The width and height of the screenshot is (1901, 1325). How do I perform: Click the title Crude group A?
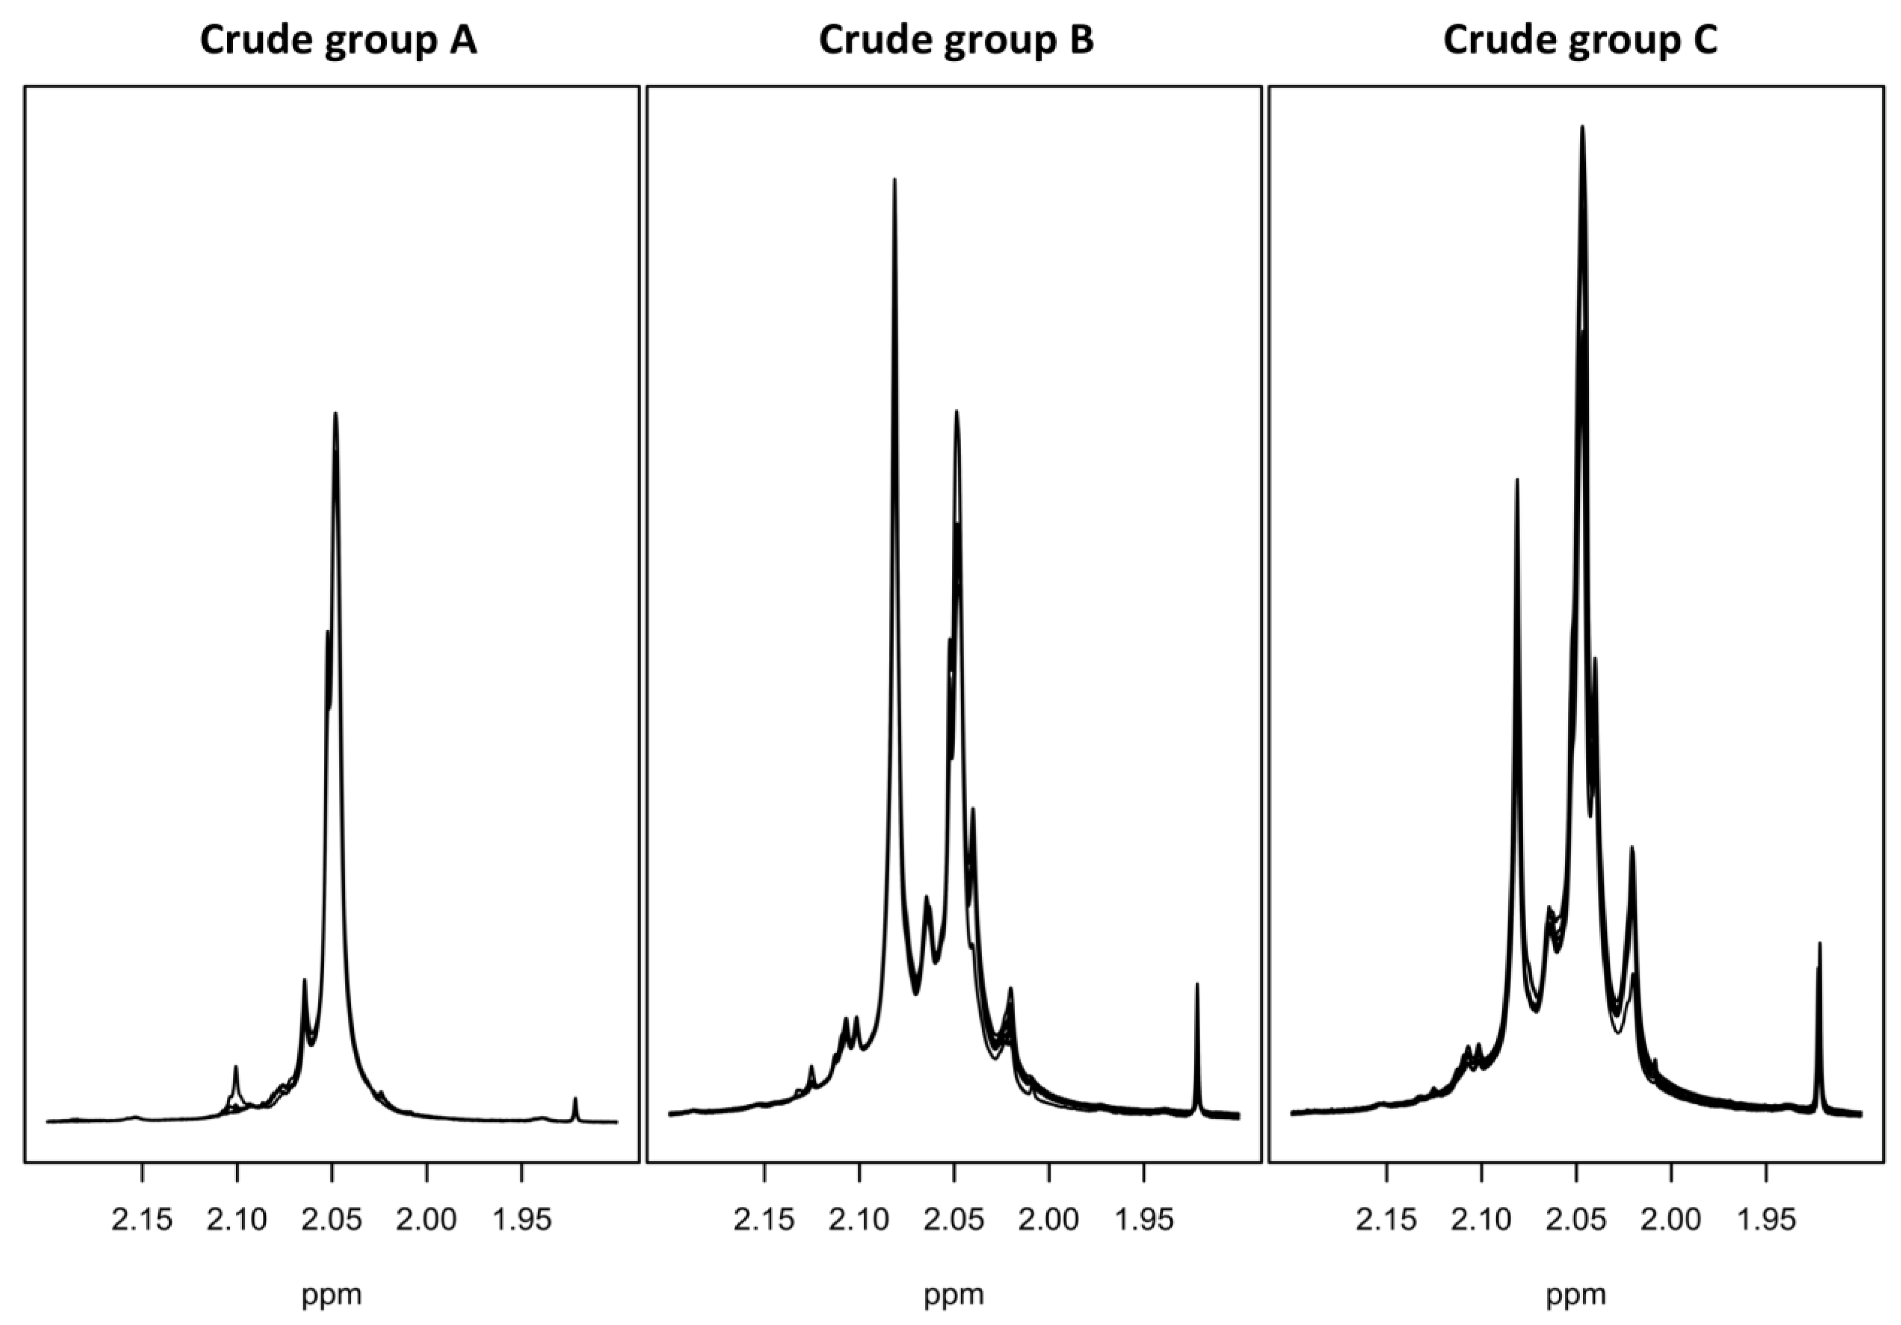click(338, 40)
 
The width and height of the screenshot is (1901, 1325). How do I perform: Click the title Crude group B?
click(956, 40)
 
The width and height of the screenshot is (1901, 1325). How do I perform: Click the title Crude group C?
click(1580, 40)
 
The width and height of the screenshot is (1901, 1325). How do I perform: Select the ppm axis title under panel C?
click(1576, 1294)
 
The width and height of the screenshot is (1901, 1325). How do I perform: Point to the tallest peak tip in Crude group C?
click(1582, 127)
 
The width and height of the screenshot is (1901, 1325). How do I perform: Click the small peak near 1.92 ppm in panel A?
click(575, 1099)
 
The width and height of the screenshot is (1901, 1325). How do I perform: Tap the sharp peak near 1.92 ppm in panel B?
click(1197, 985)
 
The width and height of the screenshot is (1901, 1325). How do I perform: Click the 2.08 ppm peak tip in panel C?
click(1517, 479)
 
